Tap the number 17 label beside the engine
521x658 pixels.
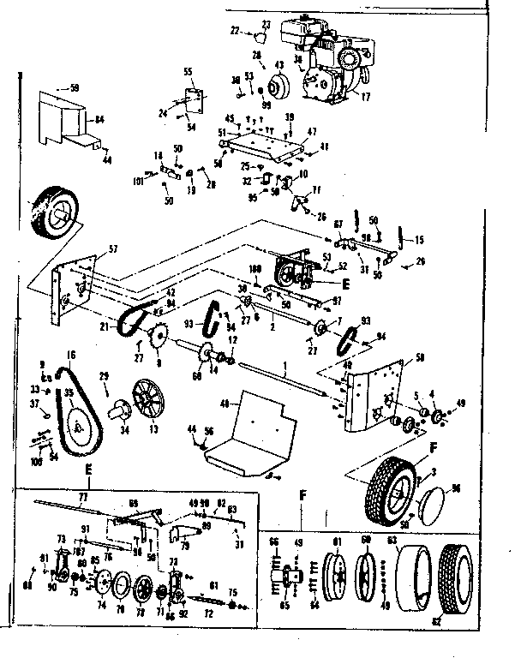click(366, 97)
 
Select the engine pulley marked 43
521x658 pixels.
click(278, 87)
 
